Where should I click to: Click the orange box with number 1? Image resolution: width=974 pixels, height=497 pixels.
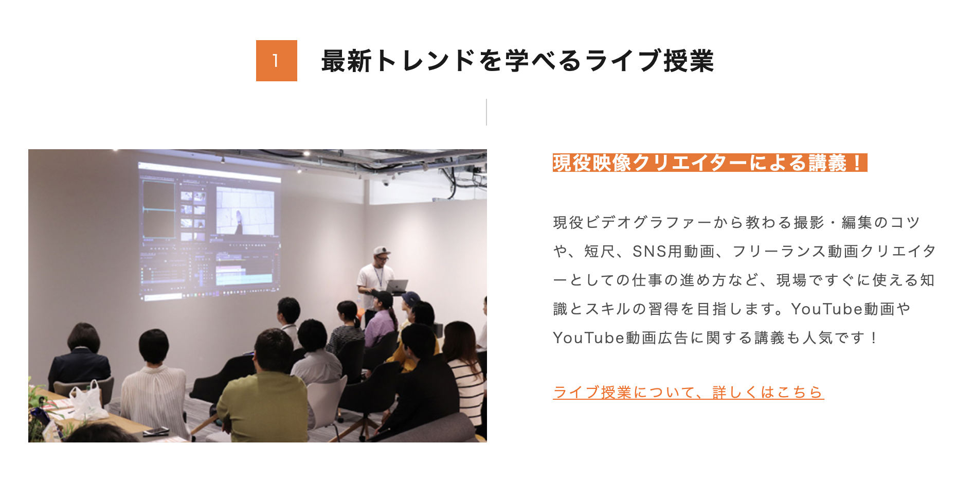coord(277,61)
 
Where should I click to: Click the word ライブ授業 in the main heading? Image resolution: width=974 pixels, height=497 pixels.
coord(650,61)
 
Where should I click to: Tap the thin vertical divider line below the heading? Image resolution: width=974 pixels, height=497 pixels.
coord(486,112)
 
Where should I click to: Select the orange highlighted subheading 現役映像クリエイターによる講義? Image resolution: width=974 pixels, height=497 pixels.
coord(710,163)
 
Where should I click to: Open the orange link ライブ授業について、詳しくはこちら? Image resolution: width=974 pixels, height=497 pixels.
coord(688,392)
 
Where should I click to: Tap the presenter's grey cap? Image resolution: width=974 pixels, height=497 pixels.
coord(382,251)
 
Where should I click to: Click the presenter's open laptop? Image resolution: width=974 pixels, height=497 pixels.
coord(396,286)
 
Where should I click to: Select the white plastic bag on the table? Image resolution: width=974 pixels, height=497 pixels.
coord(87,400)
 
